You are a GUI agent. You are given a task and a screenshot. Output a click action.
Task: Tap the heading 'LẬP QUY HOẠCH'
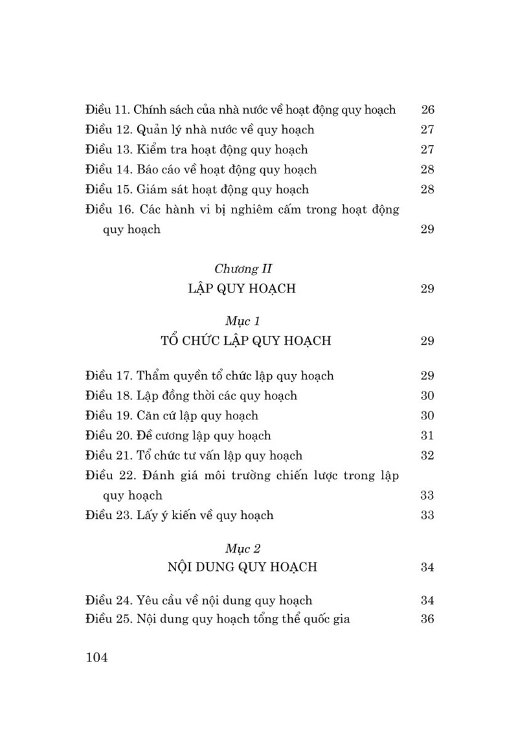pyautogui.click(x=241, y=289)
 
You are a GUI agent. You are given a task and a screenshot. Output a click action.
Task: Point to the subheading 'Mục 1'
pyautogui.click(x=243, y=320)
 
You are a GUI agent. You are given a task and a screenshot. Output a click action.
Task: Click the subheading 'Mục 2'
pyautogui.click(x=243, y=548)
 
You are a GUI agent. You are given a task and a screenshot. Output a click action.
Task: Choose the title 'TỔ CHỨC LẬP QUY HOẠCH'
pyautogui.click(x=245, y=340)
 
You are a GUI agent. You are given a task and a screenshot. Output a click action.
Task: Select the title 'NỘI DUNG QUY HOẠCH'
pyautogui.click(x=242, y=567)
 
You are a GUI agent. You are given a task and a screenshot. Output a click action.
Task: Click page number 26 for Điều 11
pyautogui.click(x=427, y=109)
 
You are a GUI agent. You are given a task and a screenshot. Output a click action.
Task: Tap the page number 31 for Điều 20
pyautogui.click(x=427, y=436)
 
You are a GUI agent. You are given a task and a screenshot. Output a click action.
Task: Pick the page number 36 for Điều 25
pyautogui.click(x=427, y=619)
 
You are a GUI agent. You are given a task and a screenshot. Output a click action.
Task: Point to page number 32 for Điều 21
pyautogui.click(x=427, y=456)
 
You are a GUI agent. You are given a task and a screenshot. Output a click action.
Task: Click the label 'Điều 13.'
pyautogui.click(x=109, y=150)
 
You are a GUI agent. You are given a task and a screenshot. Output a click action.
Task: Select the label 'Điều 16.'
pyautogui.click(x=109, y=209)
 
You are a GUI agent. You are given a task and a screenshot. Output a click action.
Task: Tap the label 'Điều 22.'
pyautogui.click(x=109, y=476)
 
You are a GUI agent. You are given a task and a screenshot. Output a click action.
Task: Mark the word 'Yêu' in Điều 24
pyautogui.click(x=149, y=600)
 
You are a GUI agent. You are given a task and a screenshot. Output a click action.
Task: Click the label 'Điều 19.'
pyautogui.click(x=109, y=416)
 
